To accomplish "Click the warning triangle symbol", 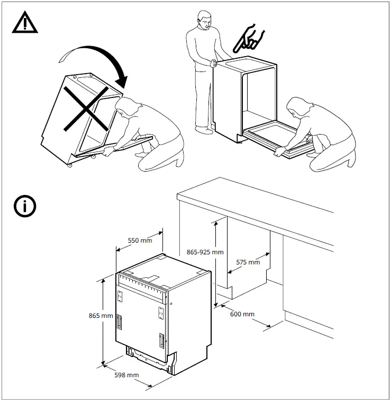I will [24, 22].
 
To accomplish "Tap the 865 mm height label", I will [101, 316].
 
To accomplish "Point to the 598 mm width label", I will [126, 375].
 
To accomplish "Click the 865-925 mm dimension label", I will [205, 252].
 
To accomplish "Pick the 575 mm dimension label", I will [247, 262].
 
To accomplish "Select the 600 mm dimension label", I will [242, 314].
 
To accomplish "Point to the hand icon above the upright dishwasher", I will [248, 37].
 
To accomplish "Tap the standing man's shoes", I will [203, 129].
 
